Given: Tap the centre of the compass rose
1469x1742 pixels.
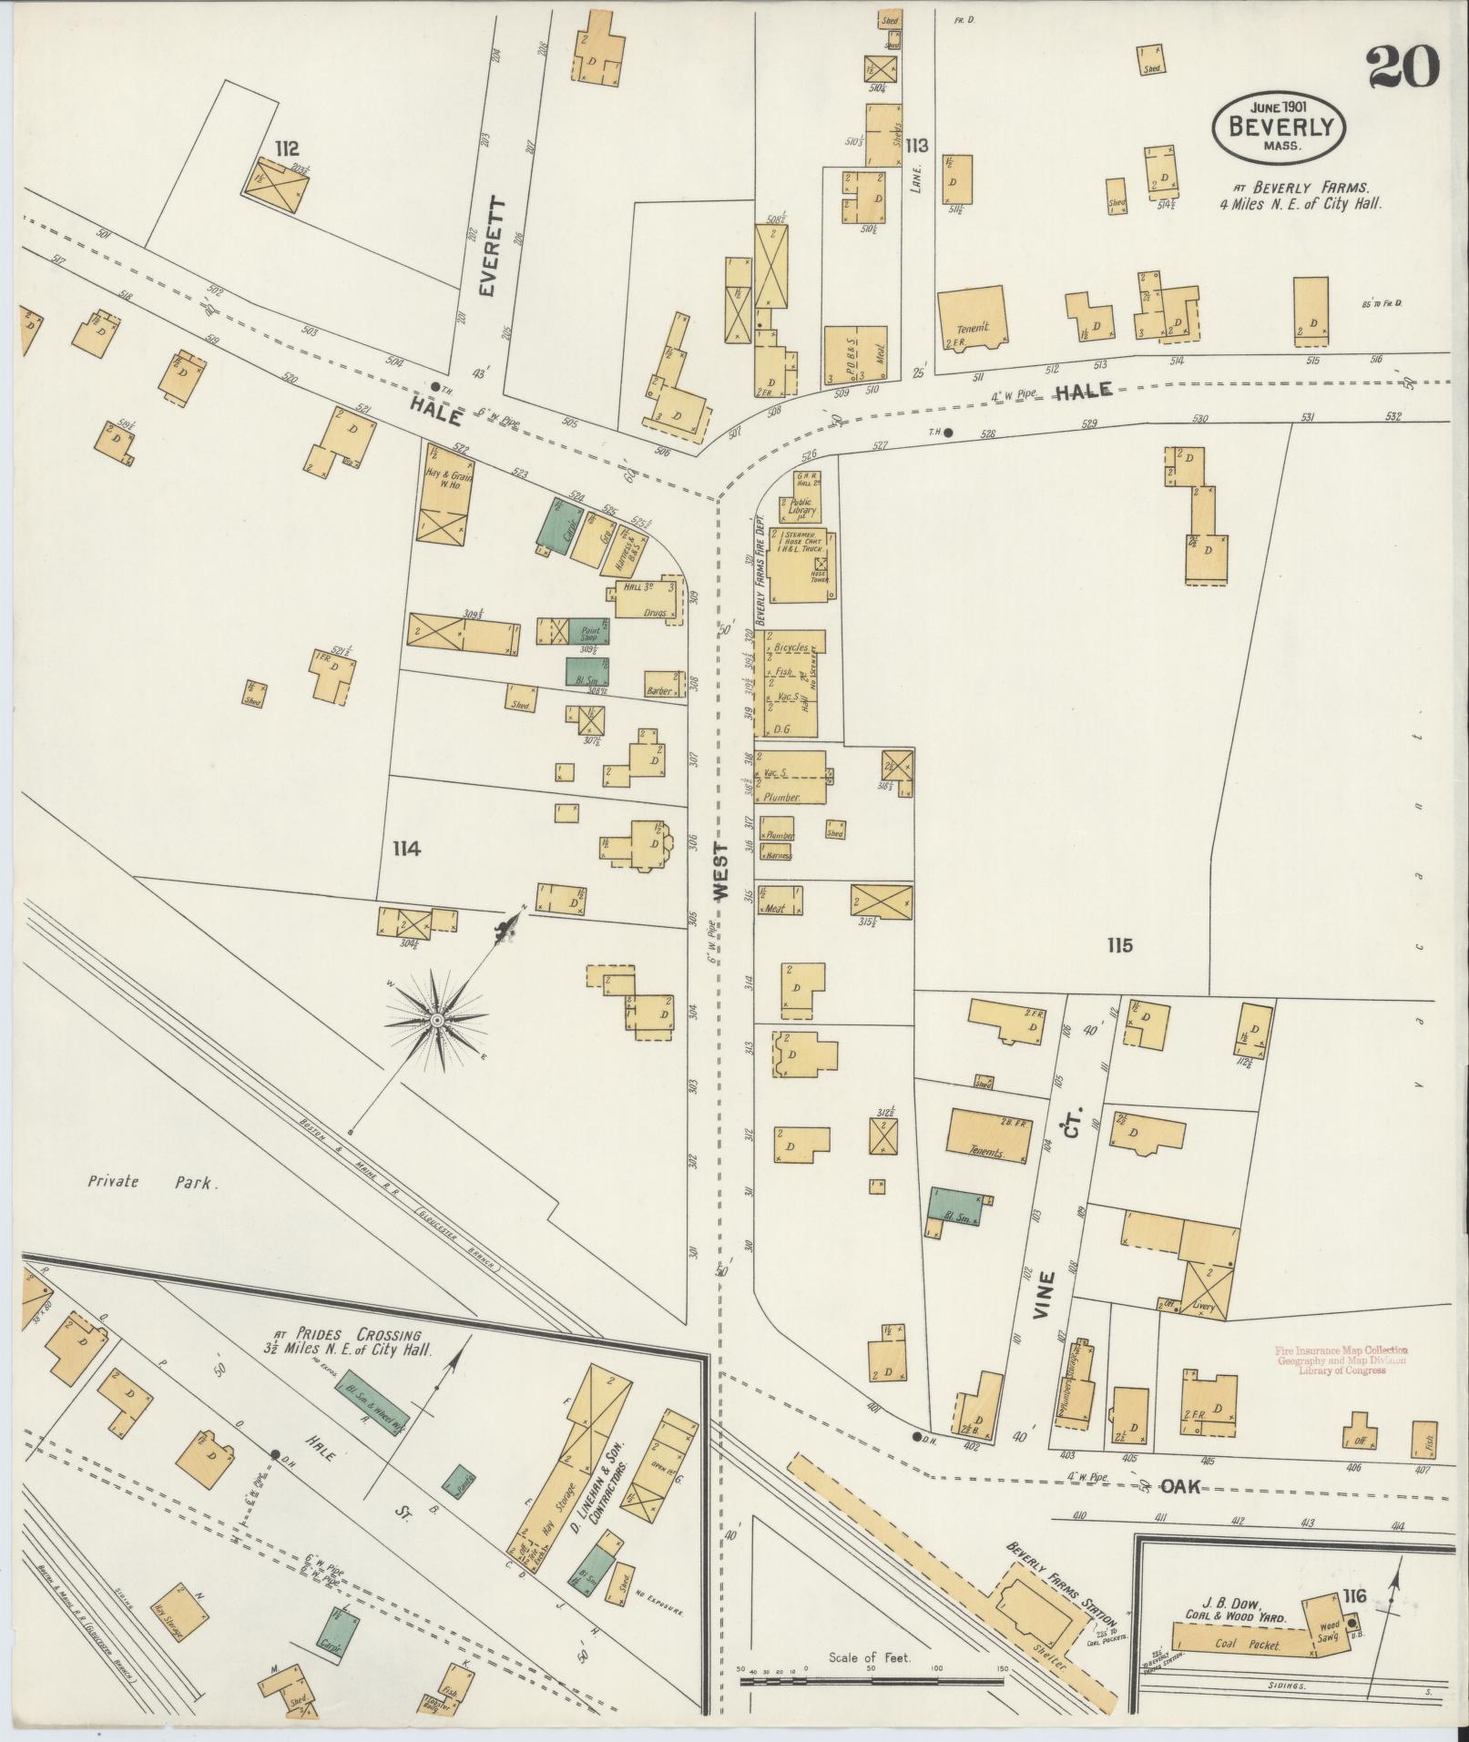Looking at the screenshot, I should click(x=436, y=1020).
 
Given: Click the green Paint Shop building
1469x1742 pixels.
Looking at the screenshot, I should click(x=588, y=631).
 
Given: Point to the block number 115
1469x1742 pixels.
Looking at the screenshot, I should click(x=1119, y=945).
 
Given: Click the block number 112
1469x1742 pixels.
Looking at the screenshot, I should click(x=285, y=148).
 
